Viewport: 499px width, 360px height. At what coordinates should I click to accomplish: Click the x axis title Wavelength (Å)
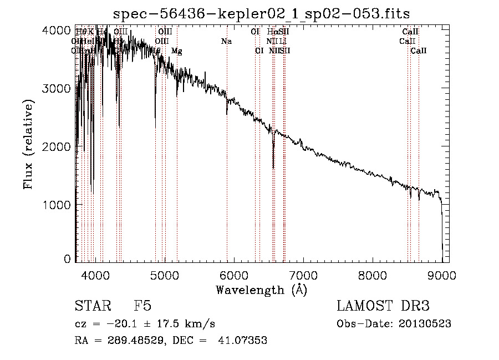tap(261, 290)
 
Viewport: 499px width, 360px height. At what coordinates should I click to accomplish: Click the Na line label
tap(226, 42)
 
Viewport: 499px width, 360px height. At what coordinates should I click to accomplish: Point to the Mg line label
tap(176, 51)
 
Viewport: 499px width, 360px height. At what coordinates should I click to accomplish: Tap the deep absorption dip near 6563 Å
tap(273, 164)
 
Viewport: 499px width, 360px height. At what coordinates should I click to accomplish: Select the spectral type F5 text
tap(142, 307)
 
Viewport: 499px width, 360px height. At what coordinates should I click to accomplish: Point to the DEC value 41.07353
tap(244, 341)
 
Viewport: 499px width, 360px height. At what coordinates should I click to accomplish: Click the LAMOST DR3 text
tap(383, 307)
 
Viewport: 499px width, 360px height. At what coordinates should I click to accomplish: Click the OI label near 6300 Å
tap(255, 32)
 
